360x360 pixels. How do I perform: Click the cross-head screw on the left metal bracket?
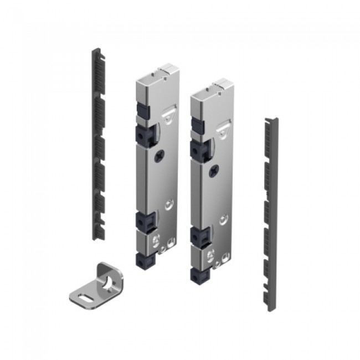click(161, 157)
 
